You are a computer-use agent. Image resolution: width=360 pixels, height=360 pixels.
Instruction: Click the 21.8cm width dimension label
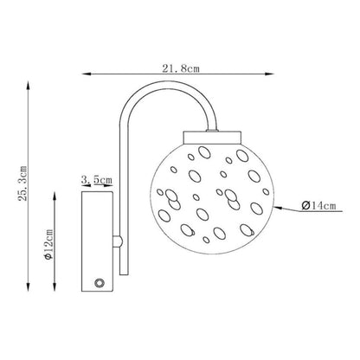(x=181, y=68)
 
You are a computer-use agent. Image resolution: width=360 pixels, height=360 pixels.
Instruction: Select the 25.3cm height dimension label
(x=22, y=183)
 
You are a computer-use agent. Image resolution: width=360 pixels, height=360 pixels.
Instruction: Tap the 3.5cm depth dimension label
(x=96, y=180)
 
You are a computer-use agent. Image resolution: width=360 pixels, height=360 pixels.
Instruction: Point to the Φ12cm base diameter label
(x=48, y=245)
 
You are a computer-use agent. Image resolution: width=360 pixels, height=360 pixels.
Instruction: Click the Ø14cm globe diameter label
(x=318, y=206)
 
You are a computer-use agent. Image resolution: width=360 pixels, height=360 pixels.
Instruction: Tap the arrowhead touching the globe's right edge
(x=278, y=208)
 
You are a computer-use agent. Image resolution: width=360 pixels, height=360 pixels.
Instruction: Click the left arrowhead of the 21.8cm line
(x=87, y=74)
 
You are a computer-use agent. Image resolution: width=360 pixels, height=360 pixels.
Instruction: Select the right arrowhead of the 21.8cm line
(x=269, y=74)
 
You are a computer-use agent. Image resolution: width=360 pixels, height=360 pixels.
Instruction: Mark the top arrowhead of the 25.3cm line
(x=28, y=86)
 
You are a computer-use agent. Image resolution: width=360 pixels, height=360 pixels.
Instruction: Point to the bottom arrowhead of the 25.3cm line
(x=28, y=287)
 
